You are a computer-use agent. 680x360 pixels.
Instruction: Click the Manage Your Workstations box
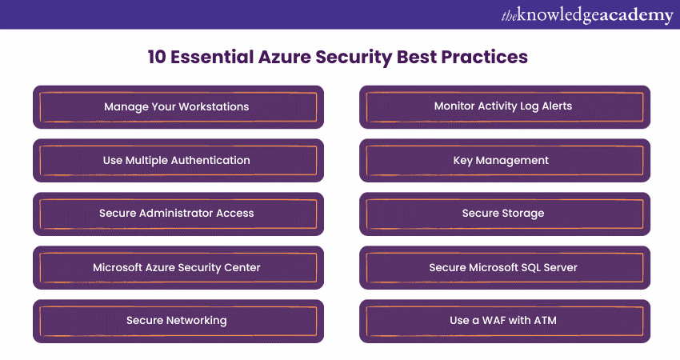[178, 106]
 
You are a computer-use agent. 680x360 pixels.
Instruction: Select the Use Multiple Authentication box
[178, 161]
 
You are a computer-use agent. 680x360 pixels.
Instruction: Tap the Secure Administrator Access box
[178, 214]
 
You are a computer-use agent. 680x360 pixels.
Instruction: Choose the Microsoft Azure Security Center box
[178, 268]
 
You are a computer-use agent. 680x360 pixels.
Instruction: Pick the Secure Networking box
[178, 321]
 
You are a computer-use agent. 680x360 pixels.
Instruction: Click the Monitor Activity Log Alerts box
[505, 106]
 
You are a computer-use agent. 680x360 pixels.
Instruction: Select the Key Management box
[505, 161]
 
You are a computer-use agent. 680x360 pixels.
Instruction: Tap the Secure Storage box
[505, 214]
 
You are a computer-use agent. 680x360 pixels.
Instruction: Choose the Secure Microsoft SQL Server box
[505, 268]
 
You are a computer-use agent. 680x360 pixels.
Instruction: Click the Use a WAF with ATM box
[505, 321]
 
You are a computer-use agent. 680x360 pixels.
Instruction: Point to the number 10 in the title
[157, 57]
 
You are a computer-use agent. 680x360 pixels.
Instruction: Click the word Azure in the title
[284, 57]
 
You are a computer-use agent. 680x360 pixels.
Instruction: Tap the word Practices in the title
[485, 57]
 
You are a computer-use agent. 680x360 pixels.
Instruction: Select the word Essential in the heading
[212, 57]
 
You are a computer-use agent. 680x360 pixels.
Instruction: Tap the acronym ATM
[545, 321]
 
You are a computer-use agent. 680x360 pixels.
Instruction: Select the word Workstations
[214, 106]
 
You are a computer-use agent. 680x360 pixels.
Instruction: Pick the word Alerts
[557, 106]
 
